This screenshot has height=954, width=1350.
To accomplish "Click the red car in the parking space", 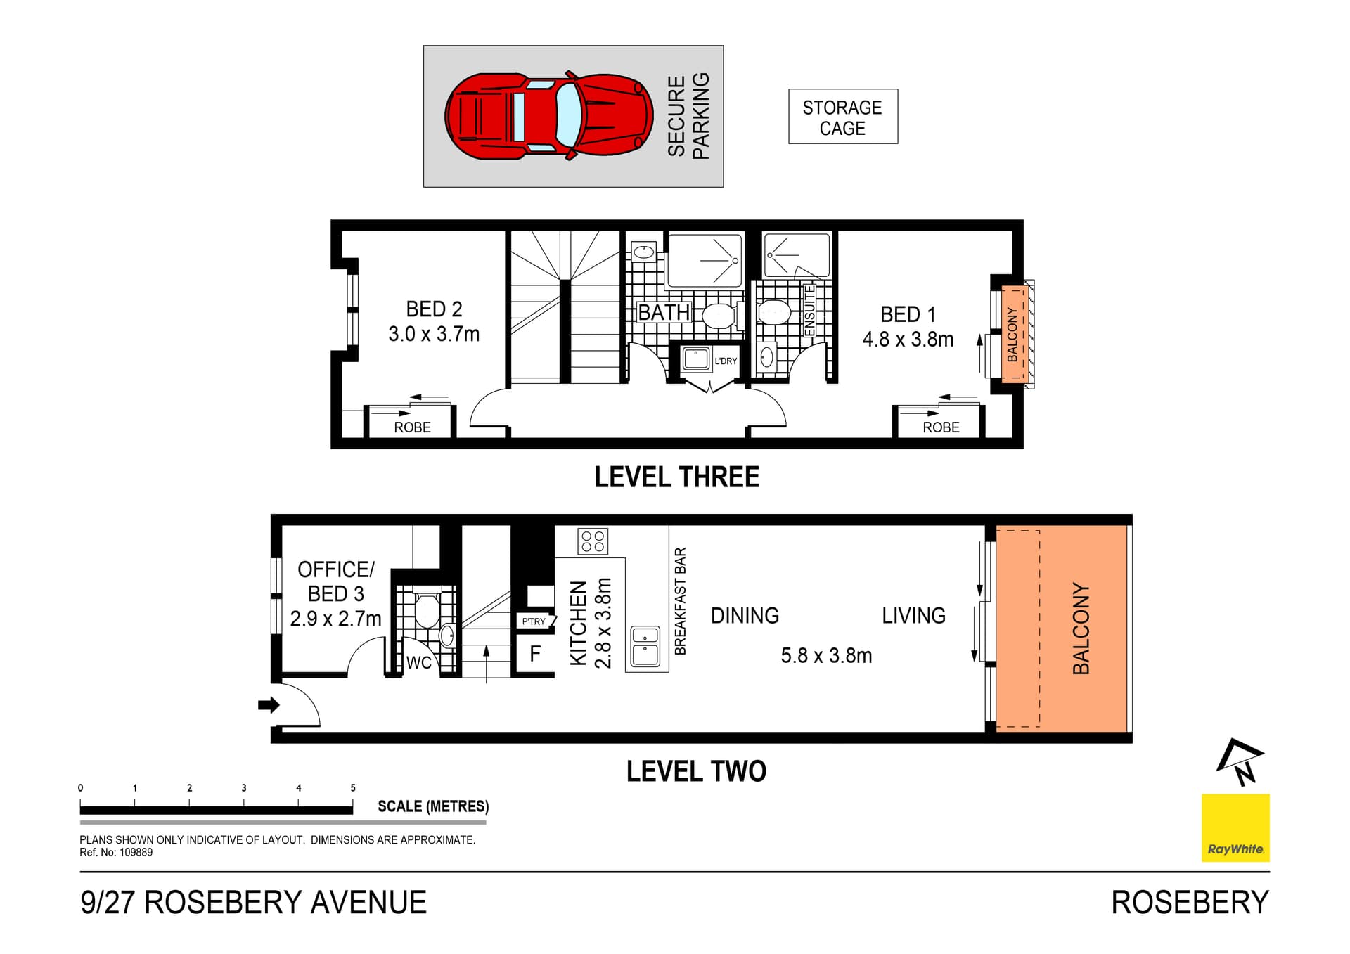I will pyautogui.click(x=548, y=116).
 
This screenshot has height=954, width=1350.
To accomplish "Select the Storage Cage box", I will pyautogui.click(x=842, y=117).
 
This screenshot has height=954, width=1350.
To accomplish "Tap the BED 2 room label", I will pyautogui.click(x=434, y=309).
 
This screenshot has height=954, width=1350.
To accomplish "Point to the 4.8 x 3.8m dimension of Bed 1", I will pyautogui.click(x=908, y=340).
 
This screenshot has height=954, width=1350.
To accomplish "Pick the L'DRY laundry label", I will pyautogui.click(x=726, y=361).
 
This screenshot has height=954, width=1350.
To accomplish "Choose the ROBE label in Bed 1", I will pyautogui.click(x=941, y=427).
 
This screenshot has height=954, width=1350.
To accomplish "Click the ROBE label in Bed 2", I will pyautogui.click(x=412, y=427).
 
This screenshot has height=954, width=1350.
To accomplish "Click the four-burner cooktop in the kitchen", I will pyautogui.click(x=593, y=541).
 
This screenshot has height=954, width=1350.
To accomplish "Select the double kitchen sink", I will pyautogui.click(x=645, y=646).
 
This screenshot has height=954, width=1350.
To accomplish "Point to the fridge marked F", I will pyautogui.click(x=535, y=654).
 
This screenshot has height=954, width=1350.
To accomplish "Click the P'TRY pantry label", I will pyautogui.click(x=534, y=621).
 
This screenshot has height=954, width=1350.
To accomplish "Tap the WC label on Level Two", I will pyautogui.click(x=419, y=663).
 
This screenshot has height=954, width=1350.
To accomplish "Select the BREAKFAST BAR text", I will pyautogui.click(x=680, y=601).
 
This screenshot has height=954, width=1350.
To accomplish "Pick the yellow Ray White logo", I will pyautogui.click(x=1235, y=827).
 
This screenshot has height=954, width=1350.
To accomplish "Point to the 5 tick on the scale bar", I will pyautogui.click(x=353, y=788).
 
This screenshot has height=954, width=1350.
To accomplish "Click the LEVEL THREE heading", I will pyautogui.click(x=676, y=477).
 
